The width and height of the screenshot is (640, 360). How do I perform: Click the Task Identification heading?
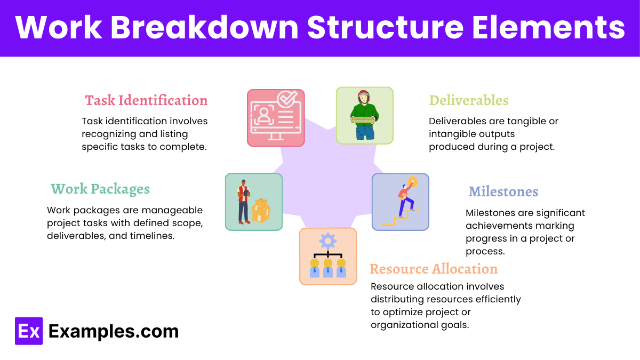pos(146,100)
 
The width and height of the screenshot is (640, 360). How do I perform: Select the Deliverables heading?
pos(468,100)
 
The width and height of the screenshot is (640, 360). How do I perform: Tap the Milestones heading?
pos(503,191)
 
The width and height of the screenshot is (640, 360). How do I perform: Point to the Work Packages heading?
pos(100,189)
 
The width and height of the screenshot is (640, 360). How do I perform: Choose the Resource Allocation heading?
pos(434,269)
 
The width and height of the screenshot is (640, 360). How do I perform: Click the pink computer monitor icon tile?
pos(276,118)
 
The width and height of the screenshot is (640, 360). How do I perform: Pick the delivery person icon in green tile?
pos(364,115)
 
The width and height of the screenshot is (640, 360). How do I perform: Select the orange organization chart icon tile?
pos(327,256)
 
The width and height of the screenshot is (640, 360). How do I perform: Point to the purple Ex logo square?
pos(28,331)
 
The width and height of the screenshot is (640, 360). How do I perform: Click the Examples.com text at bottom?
pos(114,331)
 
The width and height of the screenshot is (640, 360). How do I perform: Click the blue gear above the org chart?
pos(327,242)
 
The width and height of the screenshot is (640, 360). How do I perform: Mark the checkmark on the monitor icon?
pos(289,99)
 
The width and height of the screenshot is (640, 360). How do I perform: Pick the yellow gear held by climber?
pos(412,182)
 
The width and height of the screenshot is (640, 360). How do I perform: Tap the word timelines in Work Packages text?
pos(152,235)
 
